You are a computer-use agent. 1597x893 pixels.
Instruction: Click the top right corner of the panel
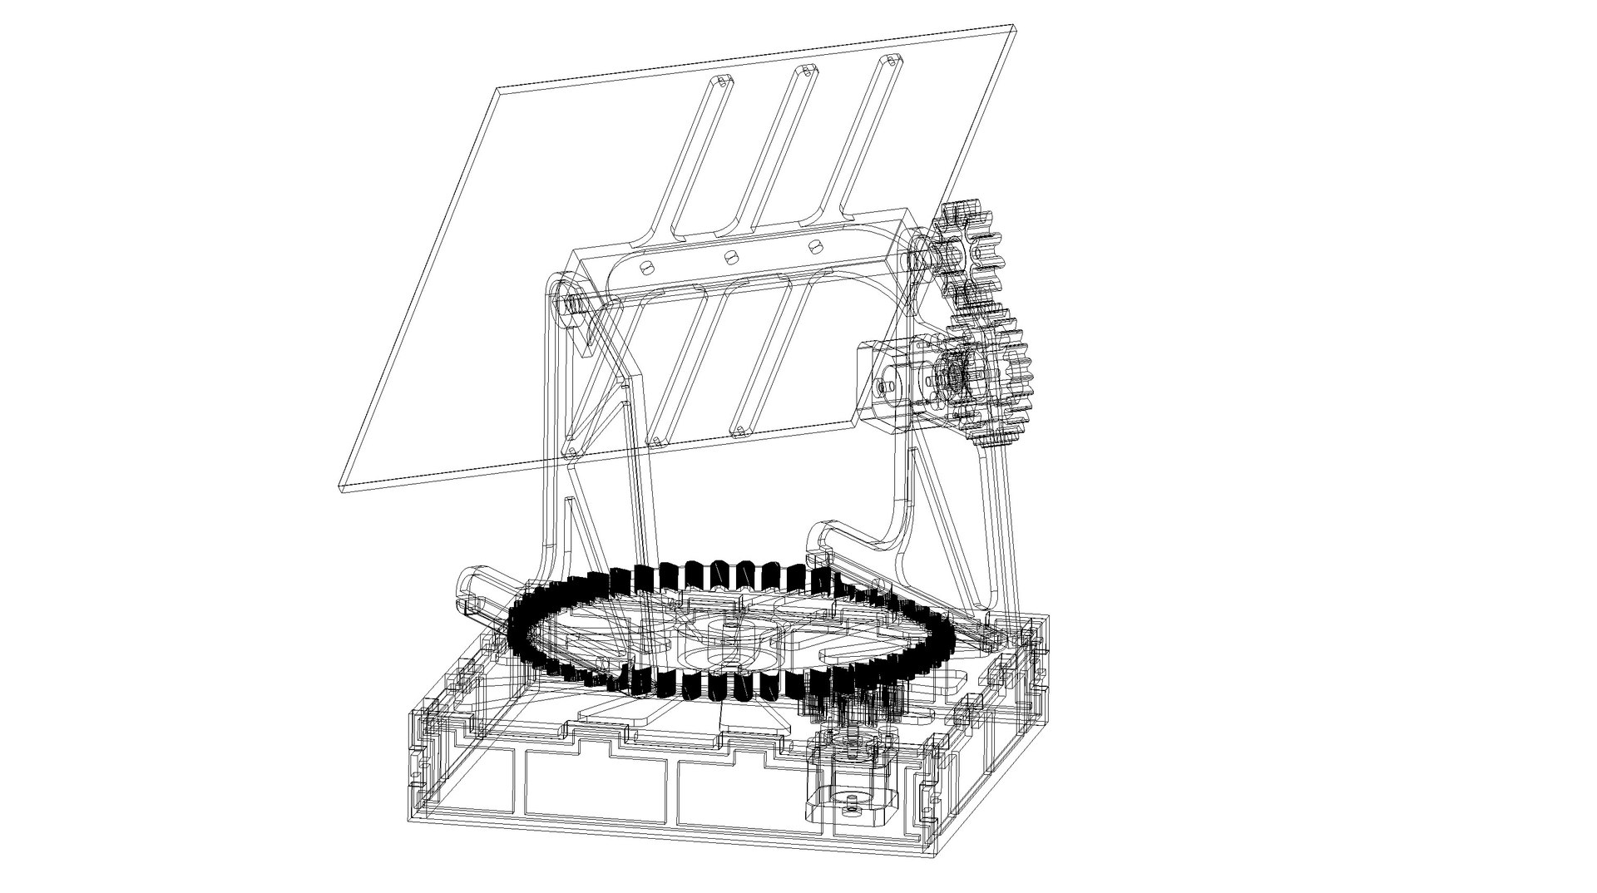click(1017, 27)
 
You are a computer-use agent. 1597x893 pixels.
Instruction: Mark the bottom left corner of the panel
click(340, 490)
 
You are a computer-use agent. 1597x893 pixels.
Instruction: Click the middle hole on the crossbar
click(731, 256)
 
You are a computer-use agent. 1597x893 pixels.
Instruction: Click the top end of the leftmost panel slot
click(722, 82)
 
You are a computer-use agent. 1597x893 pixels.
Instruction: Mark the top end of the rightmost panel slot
click(889, 61)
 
